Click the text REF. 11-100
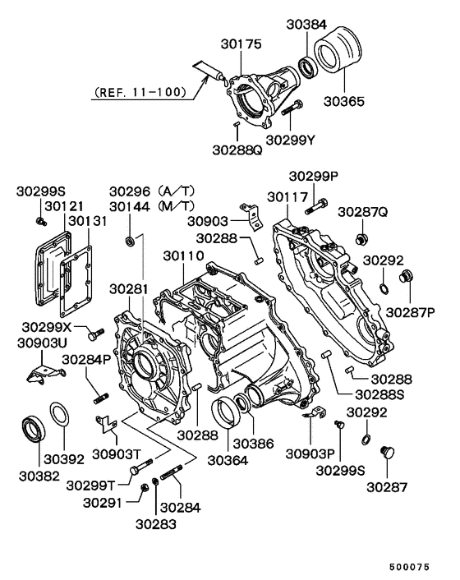[x=140, y=91]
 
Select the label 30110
[x=182, y=257]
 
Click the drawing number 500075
[x=421, y=568]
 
